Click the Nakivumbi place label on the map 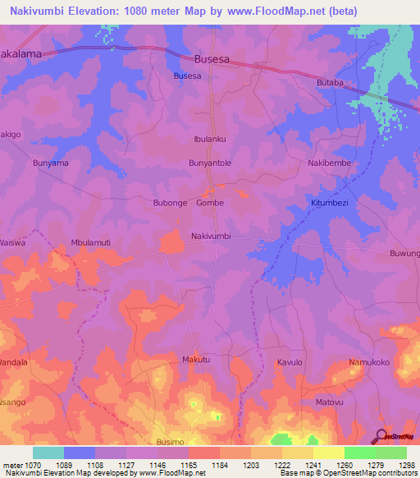[x=211, y=236]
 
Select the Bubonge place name [x=171, y=202]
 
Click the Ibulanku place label [x=209, y=139]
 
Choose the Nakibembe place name [x=328, y=163]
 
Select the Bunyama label [x=50, y=163]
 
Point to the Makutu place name [x=196, y=361]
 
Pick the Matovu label [x=329, y=402]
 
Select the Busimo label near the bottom [x=170, y=441]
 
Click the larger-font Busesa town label [x=211, y=59]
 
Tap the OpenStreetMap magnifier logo [x=381, y=436]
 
